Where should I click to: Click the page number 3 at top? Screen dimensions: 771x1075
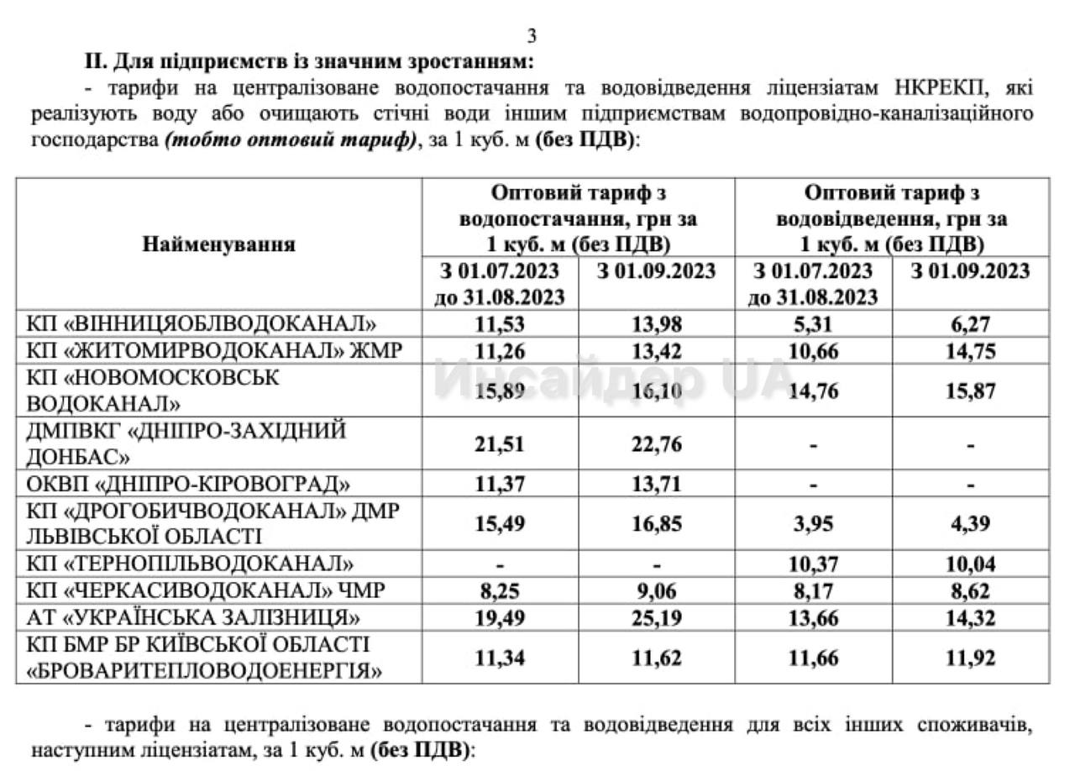click(531, 36)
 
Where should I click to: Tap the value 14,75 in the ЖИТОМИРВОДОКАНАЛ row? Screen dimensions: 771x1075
click(970, 351)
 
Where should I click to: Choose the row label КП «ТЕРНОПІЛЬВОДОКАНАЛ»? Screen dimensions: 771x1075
click(190, 563)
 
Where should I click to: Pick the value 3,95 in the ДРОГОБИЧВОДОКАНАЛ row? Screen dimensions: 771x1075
click(813, 523)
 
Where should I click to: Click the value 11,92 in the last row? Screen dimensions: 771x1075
click(970, 657)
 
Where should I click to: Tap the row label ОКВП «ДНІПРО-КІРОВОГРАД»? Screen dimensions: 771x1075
click(188, 485)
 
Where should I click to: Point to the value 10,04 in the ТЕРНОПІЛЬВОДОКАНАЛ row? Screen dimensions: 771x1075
click(970, 563)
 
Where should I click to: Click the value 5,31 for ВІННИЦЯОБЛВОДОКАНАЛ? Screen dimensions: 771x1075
click(813, 323)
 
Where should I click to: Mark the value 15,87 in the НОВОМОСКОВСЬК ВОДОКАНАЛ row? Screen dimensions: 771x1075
click(970, 391)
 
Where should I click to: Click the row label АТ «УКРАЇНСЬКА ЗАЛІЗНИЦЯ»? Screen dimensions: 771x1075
click(194, 619)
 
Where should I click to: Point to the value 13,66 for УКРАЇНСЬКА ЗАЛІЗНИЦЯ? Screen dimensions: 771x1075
click(813, 619)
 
